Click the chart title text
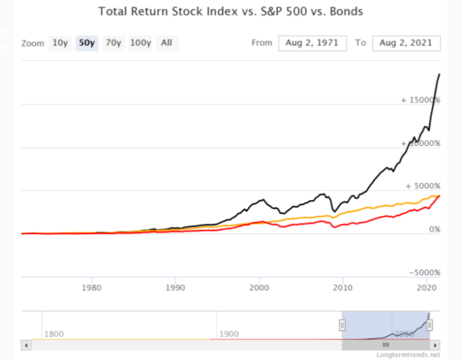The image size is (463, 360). pyautogui.click(x=231, y=11)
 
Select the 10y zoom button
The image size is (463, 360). pyautogui.click(x=60, y=43)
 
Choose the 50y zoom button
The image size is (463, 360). pyautogui.click(x=86, y=43)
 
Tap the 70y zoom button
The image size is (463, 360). pyautogui.click(x=113, y=43)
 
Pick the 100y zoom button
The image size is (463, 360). pyautogui.click(x=140, y=43)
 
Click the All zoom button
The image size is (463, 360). pyautogui.click(x=166, y=43)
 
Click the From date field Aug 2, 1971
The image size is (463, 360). pyautogui.click(x=313, y=43)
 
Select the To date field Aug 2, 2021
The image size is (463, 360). pyautogui.click(x=406, y=43)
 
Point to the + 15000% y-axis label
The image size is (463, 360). pyautogui.click(x=420, y=100)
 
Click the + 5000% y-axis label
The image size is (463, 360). pyautogui.click(x=422, y=186)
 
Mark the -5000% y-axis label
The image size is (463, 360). pyautogui.click(x=424, y=272)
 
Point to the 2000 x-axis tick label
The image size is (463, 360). pyautogui.click(x=259, y=286)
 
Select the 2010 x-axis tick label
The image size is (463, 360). pyautogui.click(x=342, y=286)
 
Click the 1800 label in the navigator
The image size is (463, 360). pyautogui.click(x=54, y=334)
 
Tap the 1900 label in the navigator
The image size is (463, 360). pyautogui.click(x=229, y=334)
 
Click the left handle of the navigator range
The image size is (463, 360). pyautogui.click(x=342, y=325)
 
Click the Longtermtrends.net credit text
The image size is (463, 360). pyautogui.click(x=408, y=355)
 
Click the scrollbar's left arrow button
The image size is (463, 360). pyautogui.click(x=26, y=345)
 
